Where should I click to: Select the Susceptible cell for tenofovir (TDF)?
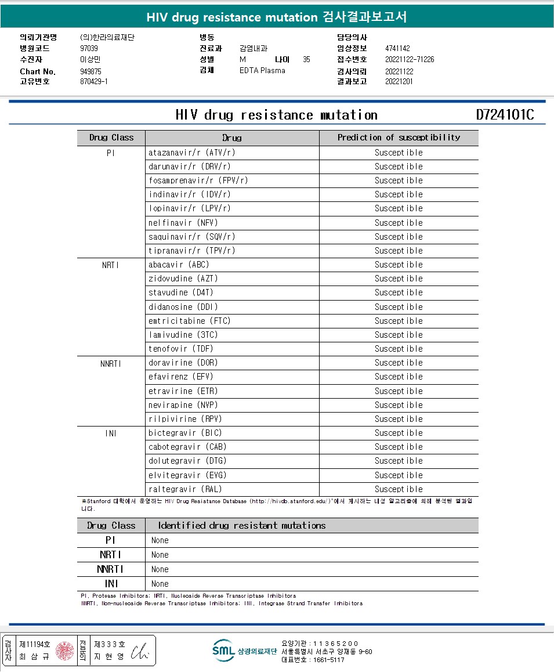[x=399, y=349]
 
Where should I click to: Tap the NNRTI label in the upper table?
[x=110, y=363]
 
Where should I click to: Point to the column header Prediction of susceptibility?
[x=399, y=138]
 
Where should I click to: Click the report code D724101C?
[x=505, y=115]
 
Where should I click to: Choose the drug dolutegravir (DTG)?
[x=187, y=461]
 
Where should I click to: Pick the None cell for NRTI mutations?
[x=160, y=555]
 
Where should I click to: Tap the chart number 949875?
[x=90, y=71]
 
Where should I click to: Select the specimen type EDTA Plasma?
[x=262, y=71]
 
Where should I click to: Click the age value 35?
[x=306, y=59]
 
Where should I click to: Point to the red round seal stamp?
[x=65, y=651]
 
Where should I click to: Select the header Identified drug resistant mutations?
[x=242, y=526]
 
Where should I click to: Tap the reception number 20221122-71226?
[x=410, y=59]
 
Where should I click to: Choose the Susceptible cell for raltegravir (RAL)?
[x=399, y=489]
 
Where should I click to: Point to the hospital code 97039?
[x=89, y=48]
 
